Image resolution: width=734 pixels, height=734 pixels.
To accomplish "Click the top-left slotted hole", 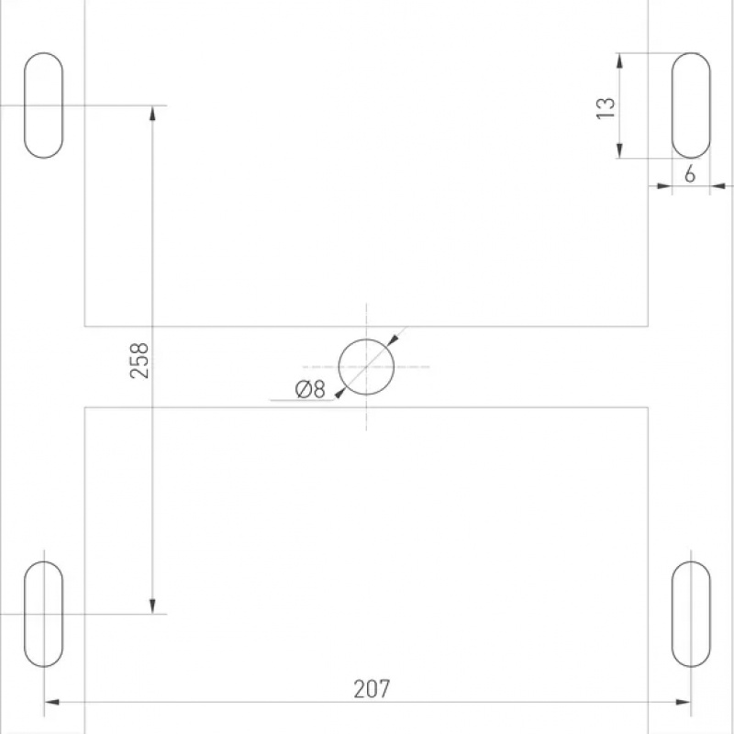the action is click(x=25, y=106).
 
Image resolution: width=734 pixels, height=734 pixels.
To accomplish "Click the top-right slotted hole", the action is click(x=673, y=106).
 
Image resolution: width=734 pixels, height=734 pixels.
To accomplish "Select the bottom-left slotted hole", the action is click(x=25, y=614).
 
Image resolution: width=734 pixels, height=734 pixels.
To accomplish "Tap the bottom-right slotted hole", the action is click(x=673, y=614).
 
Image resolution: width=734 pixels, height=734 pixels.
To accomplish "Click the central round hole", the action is click(x=339, y=366).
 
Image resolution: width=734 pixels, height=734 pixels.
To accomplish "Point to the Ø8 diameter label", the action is click(x=310, y=389).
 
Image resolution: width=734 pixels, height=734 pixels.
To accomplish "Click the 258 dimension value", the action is click(x=139, y=361).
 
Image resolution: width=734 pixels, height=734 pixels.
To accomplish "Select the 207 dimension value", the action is click(x=372, y=689).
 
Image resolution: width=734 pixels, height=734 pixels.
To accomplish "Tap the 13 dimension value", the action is click(x=606, y=108).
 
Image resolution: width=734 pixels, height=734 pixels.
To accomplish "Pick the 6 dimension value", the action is click(x=690, y=174).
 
